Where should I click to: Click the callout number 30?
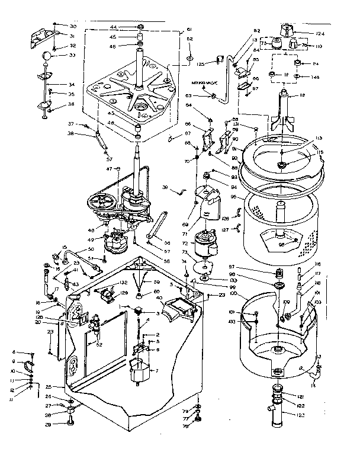(x=73, y=26)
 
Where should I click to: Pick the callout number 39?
(x=166, y=188)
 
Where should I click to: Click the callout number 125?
(x=201, y=63)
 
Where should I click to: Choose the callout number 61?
(x=189, y=30)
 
